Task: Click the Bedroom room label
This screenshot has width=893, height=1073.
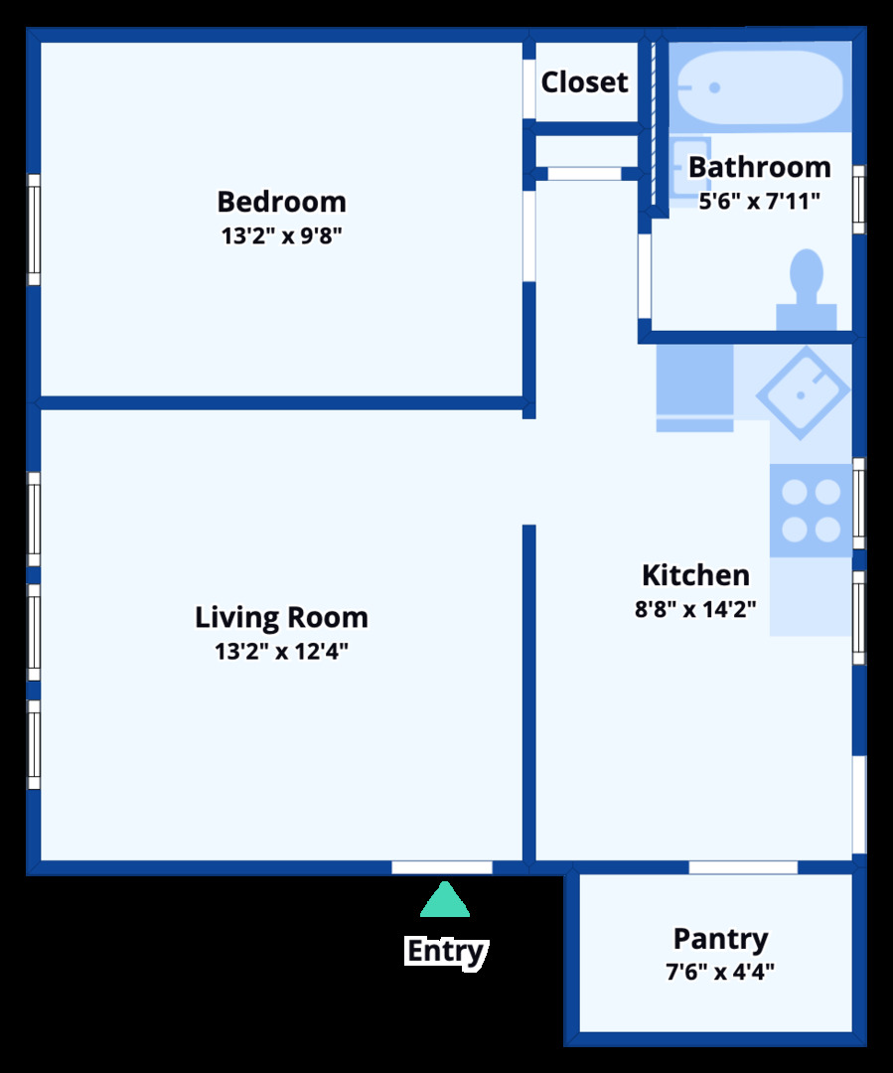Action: coord(281,202)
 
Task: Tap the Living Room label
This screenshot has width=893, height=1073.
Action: coord(281,617)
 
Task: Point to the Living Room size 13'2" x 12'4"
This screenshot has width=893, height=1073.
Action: coord(281,652)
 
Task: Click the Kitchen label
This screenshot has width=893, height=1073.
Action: coord(695,575)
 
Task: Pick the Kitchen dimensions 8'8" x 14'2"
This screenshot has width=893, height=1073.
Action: coord(695,609)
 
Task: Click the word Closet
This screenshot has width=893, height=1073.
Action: coord(584,82)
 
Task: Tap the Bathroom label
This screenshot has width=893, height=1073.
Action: coord(759,167)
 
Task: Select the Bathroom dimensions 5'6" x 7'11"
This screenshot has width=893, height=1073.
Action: coord(759,201)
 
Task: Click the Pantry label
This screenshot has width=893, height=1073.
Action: coord(720,939)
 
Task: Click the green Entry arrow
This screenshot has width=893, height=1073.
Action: coord(445,900)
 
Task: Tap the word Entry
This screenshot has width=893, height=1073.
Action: coord(445,951)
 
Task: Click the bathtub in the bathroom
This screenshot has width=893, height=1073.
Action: coord(760,87)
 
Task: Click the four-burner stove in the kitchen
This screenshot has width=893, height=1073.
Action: coord(811,511)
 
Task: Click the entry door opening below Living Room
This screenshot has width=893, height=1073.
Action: coord(442,867)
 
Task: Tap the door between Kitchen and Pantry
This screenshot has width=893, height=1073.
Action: coord(743,867)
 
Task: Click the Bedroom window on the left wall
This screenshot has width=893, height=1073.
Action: coord(33,230)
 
